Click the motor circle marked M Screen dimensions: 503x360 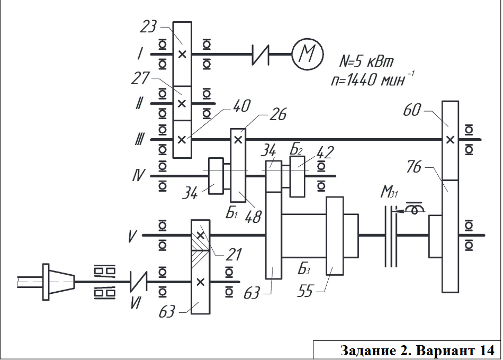tap(307, 54)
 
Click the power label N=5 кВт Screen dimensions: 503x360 tap(366, 61)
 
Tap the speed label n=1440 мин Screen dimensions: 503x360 tap(372, 79)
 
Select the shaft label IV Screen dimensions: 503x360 tap(139, 175)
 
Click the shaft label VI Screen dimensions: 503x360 tap(136, 302)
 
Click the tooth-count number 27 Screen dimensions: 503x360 tap(140, 78)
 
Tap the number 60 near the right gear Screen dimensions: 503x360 tap(412, 110)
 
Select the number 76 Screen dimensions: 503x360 tap(414, 167)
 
